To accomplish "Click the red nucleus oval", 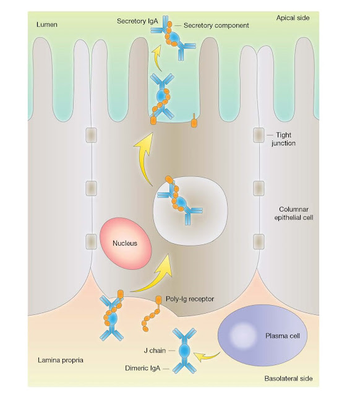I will (x=124, y=243).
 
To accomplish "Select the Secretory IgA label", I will (x=137, y=22).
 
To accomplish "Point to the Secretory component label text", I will (x=216, y=25).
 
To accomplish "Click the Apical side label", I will (x=293, y=18).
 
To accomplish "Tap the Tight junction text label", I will (x=284, y=139).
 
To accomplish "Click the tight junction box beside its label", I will (x=257, y=134).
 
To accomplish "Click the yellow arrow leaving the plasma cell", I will (x=207, y=355).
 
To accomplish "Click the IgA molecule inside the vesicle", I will (x=178, y=199).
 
